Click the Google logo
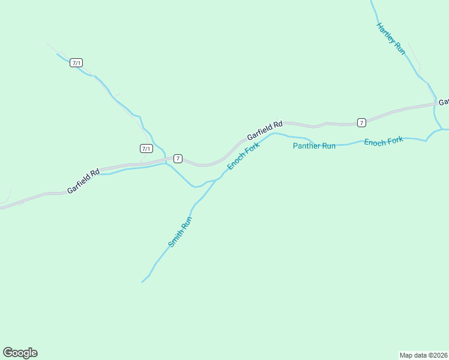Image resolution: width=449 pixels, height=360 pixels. click(20, 353)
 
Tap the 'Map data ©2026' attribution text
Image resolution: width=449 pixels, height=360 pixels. click(423, 355)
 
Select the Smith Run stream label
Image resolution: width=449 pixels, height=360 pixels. click(180, 232)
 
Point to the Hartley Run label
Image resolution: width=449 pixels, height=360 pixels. click(391, 39)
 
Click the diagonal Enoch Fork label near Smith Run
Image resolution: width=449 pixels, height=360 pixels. click(243, 155)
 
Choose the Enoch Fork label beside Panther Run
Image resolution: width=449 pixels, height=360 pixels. click(384, 142)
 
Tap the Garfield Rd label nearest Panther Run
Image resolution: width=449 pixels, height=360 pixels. click(265, 128)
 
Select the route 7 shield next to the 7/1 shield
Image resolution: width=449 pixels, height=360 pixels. click(178, 158)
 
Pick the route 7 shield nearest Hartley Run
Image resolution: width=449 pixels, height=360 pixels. click(361, 122)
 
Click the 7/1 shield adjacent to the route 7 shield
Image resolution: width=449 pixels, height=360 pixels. click(146, 148)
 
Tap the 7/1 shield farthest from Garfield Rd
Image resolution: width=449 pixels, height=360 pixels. click(76, 63)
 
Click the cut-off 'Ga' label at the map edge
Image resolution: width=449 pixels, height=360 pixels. click(444, 102)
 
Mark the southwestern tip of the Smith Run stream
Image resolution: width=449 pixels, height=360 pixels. click(142, 281)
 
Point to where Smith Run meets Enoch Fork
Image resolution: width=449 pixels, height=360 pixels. click(215, 180)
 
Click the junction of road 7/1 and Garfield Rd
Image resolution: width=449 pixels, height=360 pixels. click(165, 160)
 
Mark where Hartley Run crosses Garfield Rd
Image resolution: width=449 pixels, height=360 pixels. click(435, 104)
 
